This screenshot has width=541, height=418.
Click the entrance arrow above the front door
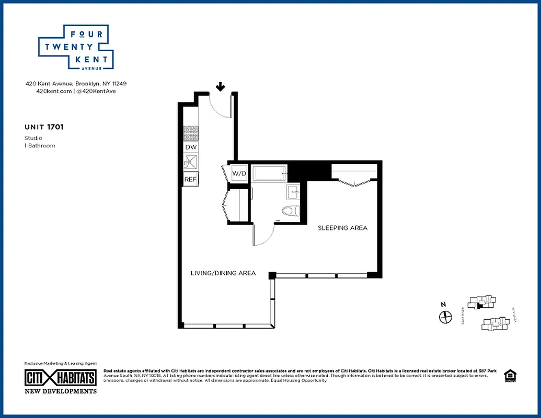(x=221, y=87)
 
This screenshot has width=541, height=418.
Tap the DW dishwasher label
(x=191, y=148)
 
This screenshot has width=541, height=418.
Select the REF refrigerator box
(x=190, y=179)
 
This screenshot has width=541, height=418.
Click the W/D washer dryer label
(x=239, y=173)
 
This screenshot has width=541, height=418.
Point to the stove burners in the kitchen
(x=191, y=134)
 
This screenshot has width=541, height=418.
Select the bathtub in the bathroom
(x=270, y=173)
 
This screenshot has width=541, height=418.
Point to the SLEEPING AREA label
(x=342, y=228)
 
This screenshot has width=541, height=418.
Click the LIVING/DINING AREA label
(x=223, y=273)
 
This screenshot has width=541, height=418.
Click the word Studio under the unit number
(x=33, y=138)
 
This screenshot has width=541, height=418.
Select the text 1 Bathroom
(x=40, y=145)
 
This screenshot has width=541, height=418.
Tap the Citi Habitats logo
(x=61, y=378)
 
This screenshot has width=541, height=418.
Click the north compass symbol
(x=445, y=316)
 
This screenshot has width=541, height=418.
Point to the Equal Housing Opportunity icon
(x=509, y=375)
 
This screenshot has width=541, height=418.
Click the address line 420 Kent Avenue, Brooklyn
(x=76, y=83)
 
